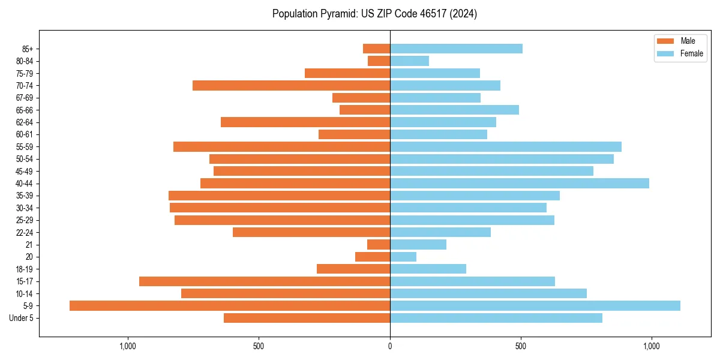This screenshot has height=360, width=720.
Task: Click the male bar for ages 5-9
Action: point(230,306)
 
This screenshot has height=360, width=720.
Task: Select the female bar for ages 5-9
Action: point(535,306)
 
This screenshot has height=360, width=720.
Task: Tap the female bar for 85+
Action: point(456,49)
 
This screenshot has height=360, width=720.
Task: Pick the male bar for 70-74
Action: point(291,86)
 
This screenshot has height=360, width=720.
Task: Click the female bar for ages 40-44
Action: point(520,184)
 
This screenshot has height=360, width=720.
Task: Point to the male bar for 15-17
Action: point(265,281)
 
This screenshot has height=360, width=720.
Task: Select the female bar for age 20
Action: point(403,257)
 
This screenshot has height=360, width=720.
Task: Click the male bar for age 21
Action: point(379,245)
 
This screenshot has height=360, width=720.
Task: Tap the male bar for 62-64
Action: point(305,122)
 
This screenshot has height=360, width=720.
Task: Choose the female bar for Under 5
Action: point(496,318)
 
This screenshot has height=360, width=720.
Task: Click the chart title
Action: point(374,14)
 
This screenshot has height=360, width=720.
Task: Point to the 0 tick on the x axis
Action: point(390,346)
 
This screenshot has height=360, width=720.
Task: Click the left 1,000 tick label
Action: point(128,346)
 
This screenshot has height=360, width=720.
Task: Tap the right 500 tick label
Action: point(521,346)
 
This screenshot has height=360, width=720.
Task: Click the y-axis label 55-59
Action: point(25,147)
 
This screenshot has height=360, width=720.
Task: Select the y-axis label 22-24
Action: point(25,233)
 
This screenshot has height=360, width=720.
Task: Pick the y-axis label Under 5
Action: point(22,318)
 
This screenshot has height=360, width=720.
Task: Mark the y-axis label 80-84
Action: point(25,61)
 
